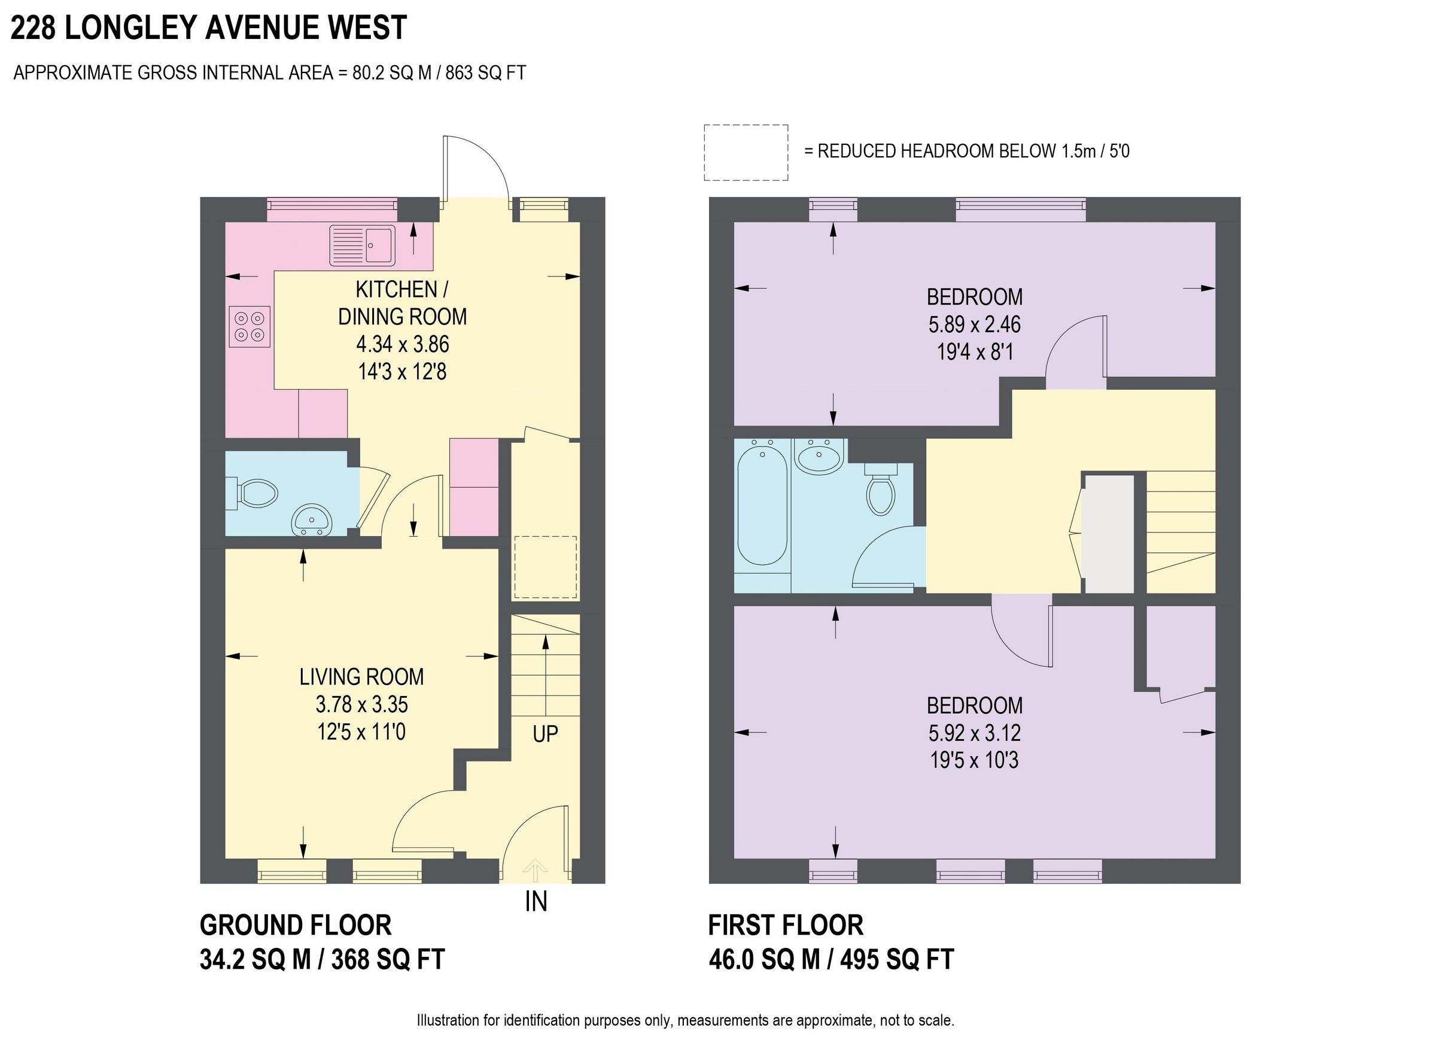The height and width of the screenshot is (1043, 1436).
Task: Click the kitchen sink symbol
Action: coord(361,245)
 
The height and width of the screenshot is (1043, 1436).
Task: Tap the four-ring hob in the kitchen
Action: coord(250,326)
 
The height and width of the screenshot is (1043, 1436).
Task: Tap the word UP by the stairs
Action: coord(545,734)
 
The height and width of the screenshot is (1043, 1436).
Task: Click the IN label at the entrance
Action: coord(536,902)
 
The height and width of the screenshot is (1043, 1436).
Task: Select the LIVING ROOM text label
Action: coord(361,677)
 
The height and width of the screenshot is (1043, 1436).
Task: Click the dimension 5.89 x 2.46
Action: coord(975,324)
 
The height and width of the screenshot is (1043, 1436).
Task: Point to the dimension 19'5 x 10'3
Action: coord(974,760)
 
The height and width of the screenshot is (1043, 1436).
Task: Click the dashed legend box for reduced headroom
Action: coord(746,153)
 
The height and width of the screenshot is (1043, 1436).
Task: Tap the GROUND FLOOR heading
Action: coord(296,925)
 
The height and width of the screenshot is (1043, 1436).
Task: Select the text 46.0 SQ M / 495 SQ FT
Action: coord(831,959)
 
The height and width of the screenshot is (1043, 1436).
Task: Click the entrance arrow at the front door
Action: coord(536,869)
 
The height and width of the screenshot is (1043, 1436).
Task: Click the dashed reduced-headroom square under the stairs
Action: coord(545,567)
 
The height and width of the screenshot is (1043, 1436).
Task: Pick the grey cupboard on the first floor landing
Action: coord(1108,534)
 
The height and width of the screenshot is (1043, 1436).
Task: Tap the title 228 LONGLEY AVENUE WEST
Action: coord(209,28)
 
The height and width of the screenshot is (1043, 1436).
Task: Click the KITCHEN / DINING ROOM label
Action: coord(402,303)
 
